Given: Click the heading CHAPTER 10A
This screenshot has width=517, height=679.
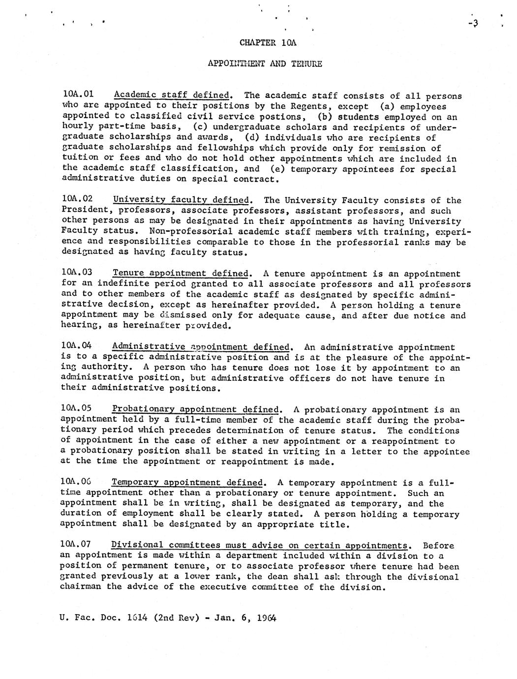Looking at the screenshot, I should click(x=268, y=42).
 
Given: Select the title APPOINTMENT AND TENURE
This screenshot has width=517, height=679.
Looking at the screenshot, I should click(x=265, y=63).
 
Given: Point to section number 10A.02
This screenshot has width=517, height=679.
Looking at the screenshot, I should click(x=78, y=199).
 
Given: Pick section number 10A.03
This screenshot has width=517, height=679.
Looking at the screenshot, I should click(x=78, y=273).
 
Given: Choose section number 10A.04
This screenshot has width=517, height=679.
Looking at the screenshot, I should click(x=77, y=346).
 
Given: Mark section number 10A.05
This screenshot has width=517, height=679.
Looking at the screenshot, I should click(x=77, y=408).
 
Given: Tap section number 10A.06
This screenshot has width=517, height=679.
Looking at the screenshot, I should click(x=76, y=482).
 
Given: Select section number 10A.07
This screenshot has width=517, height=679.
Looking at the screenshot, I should click(x=76, y=544).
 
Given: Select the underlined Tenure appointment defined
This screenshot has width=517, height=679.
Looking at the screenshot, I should click(x=181, y=273).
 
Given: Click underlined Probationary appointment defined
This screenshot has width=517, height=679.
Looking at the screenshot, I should click(x=196, y=409).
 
